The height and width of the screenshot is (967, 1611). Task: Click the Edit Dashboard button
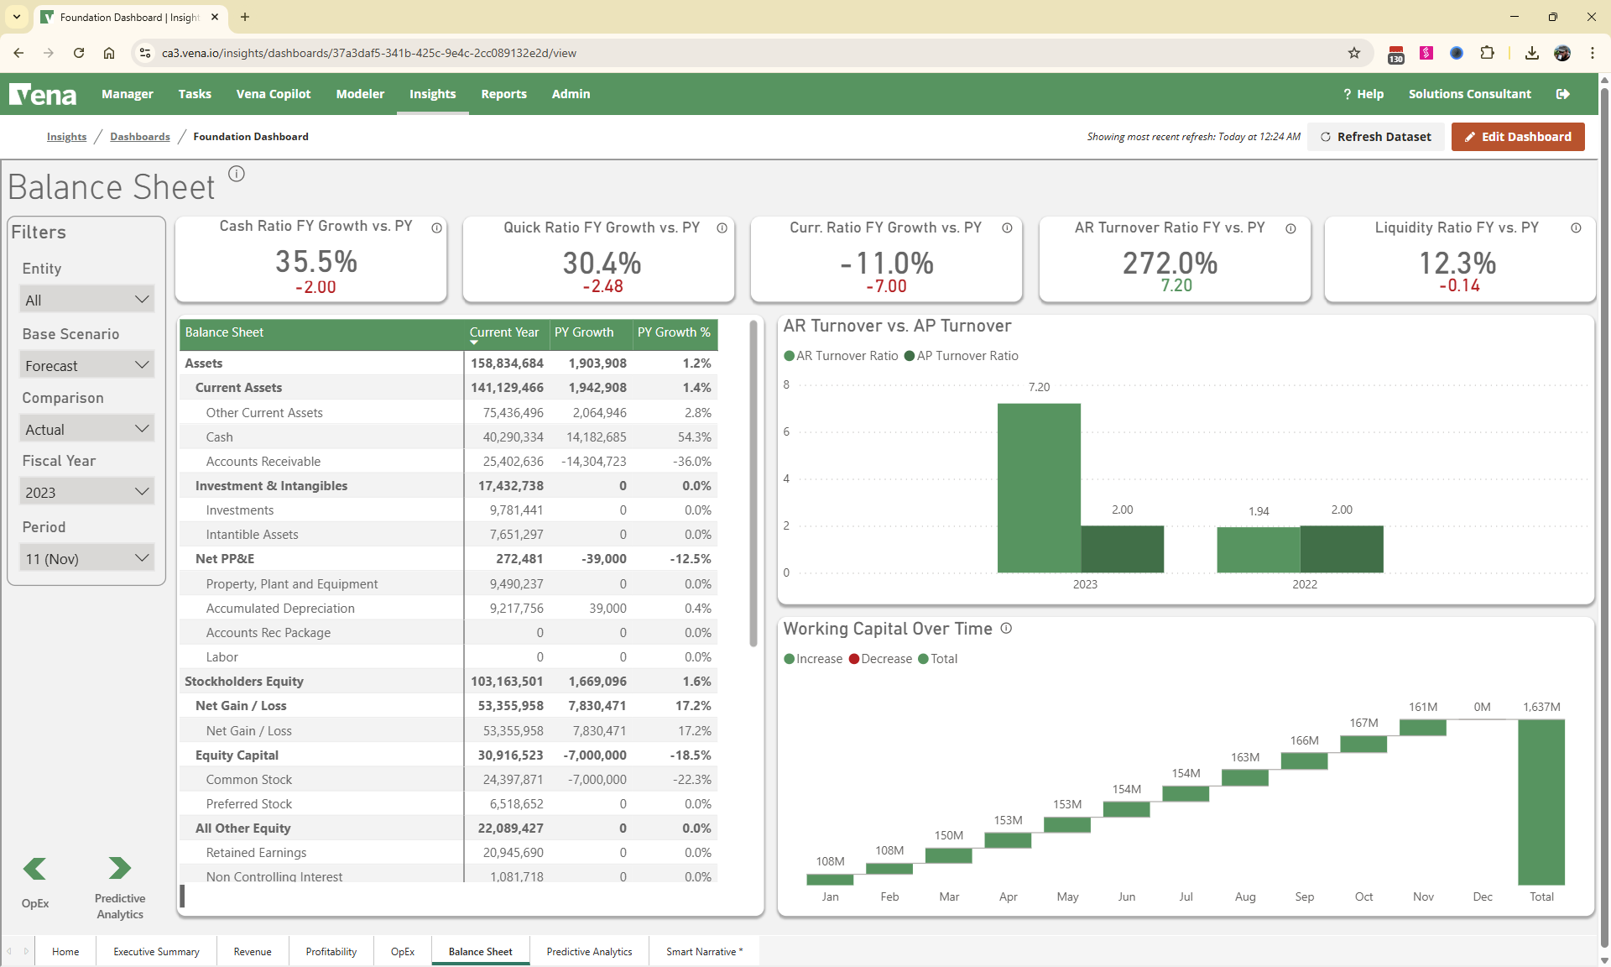(1517, 137)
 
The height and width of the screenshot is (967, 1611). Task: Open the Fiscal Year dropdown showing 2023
(86, 492)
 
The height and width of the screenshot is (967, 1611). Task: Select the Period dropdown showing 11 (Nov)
(86, 558)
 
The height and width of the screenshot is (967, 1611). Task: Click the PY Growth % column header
(673, 332)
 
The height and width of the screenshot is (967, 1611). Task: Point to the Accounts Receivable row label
(263, 462)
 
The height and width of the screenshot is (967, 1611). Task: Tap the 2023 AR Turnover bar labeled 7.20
(1038, 487)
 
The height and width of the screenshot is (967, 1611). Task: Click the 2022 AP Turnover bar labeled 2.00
(1341, 549)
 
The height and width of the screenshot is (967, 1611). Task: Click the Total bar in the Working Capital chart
(1541, 802)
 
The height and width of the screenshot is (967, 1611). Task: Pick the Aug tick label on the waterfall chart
(1244, 896)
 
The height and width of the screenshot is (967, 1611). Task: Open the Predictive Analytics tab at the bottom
(589, 951)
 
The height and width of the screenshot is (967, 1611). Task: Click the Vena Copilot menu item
(273, 94)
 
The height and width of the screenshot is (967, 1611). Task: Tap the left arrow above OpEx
(35, 868)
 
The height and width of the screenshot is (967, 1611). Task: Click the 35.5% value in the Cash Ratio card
(316, 261)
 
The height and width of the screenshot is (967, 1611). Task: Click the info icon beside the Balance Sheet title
(237, 174)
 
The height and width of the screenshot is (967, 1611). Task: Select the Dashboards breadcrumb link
(139, 137)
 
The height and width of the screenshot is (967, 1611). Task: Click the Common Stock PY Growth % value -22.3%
(691, 780)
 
